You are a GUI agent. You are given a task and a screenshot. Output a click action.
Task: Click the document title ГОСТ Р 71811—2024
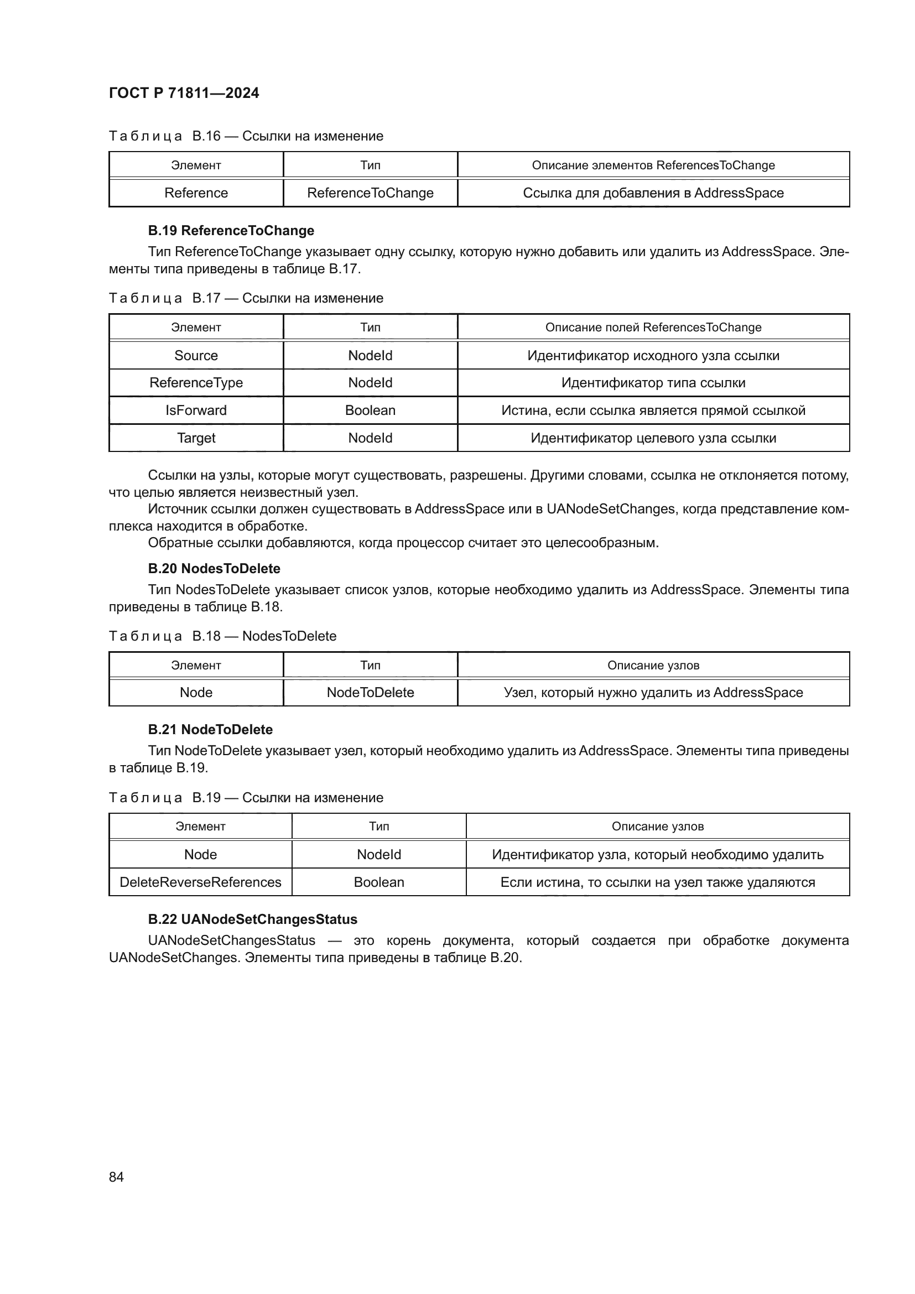pos(184,93)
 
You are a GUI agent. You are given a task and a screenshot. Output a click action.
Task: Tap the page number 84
pos(116,1177)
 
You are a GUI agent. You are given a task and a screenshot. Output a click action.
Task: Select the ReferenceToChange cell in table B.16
pos(370,193)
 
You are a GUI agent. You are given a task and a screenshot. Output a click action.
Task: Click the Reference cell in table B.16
pos(196,193)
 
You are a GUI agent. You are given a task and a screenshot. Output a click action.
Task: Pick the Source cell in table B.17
pos(196,355)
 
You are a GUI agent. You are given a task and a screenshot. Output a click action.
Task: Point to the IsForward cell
pos(196,410)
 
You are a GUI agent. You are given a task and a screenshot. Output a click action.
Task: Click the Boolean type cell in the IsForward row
pos(370,410)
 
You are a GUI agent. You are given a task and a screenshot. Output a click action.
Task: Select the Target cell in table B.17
pos(196,438)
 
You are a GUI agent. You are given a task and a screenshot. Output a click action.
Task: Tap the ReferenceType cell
pos(196,382)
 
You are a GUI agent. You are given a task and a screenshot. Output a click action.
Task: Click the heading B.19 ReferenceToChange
pos(231,231)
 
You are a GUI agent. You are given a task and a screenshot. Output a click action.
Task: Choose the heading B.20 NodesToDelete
pos(214,568)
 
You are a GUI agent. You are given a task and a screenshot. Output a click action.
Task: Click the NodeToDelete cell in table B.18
pos(370,692)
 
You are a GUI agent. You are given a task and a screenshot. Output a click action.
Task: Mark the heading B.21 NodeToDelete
pos(210,729)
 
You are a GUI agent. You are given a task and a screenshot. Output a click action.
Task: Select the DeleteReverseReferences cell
pos(200,882)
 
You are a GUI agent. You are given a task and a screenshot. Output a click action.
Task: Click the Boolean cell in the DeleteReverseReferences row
pos(378,882)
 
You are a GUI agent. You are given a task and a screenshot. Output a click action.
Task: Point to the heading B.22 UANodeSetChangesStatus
pos(252,919)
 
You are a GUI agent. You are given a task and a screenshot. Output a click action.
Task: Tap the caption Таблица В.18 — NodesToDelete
pos(222,636)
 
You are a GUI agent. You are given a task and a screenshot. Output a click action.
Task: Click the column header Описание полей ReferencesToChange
pos(653,327)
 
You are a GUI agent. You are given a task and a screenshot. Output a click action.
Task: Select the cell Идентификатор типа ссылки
pos(653,382)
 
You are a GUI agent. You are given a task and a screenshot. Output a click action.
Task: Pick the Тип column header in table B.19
pos(378,826)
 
